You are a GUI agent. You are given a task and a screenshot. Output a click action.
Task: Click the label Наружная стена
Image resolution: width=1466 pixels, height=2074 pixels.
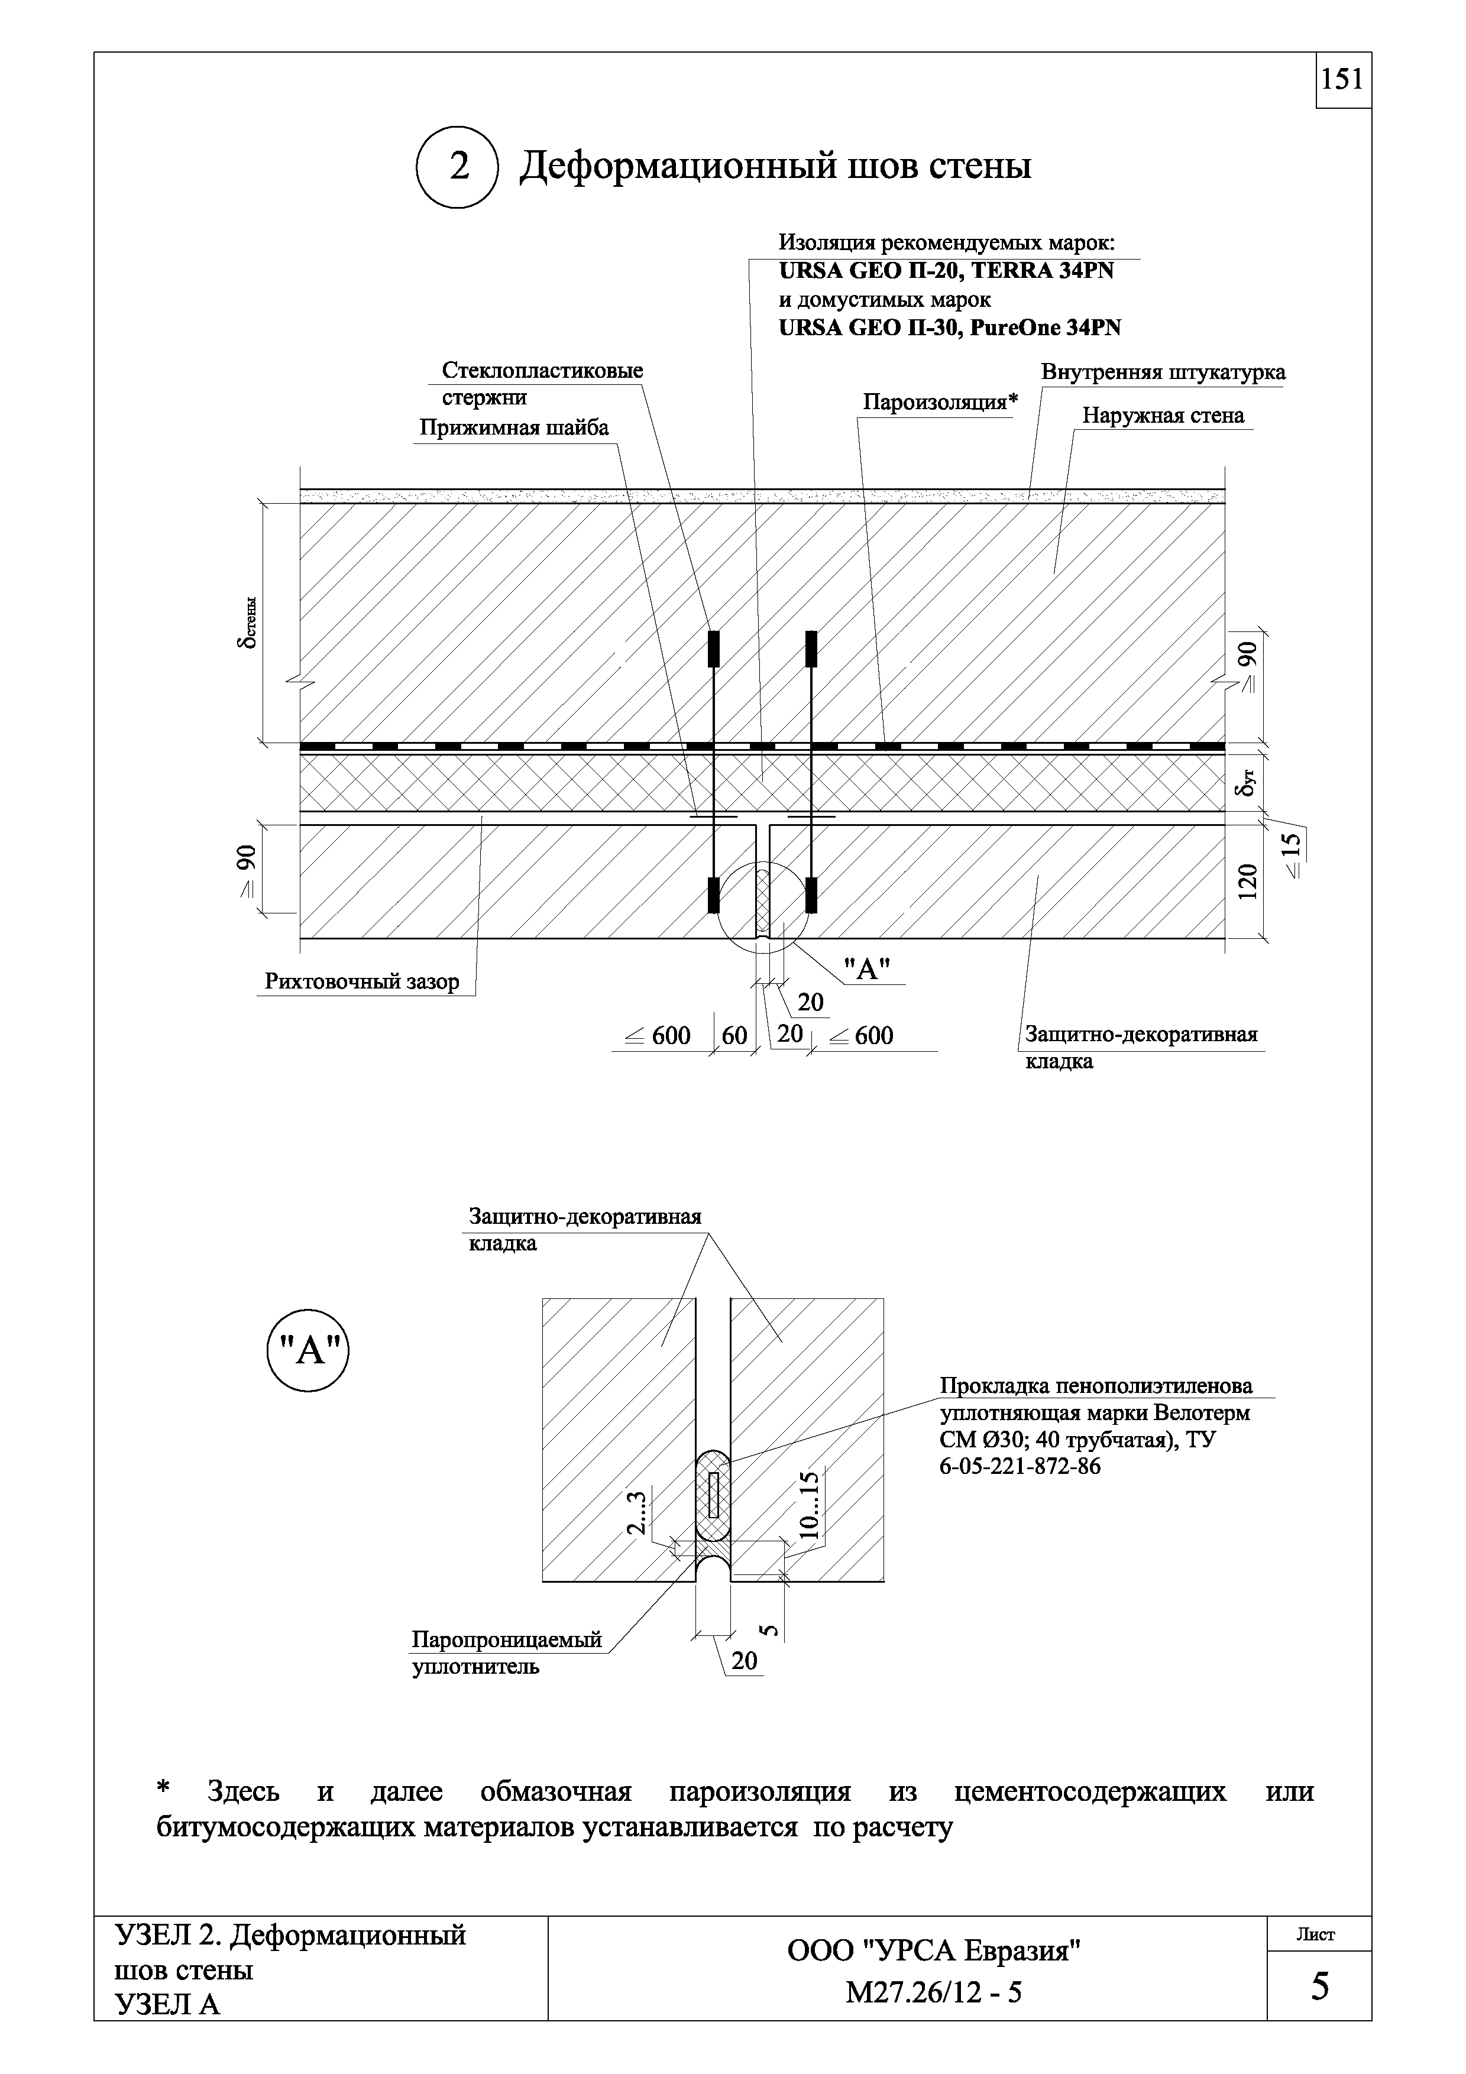[x=1163, y=416]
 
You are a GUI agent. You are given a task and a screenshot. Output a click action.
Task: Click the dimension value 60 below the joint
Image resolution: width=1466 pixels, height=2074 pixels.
[x=734, y=1035]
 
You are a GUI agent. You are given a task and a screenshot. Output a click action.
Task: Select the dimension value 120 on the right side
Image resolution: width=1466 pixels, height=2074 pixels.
[x=1248, y=882]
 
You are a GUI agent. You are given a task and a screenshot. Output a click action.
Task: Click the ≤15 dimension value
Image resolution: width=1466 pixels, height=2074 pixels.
[x=1293, y=854]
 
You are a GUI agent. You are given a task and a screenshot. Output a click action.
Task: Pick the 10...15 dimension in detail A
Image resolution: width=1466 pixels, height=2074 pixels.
[x=810, y=1505]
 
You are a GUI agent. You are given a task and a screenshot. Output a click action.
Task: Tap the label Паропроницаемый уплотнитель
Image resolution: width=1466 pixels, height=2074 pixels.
[x=506, y=1652]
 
